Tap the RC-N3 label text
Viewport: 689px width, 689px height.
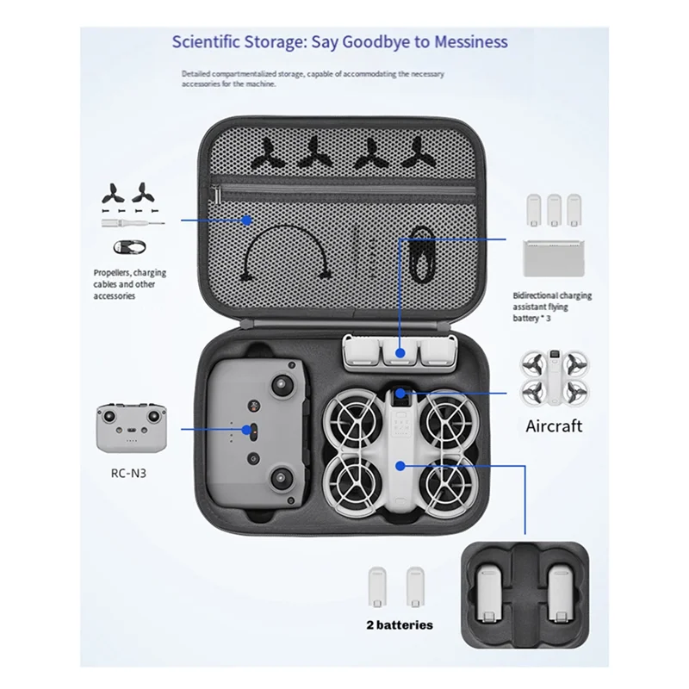point(127,472)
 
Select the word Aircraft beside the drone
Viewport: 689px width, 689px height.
point(554,425)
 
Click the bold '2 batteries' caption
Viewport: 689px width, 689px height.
point(394,624)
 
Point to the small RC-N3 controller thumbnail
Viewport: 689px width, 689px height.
point(129,427)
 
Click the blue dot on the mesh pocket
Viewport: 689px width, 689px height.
point(246,220)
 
